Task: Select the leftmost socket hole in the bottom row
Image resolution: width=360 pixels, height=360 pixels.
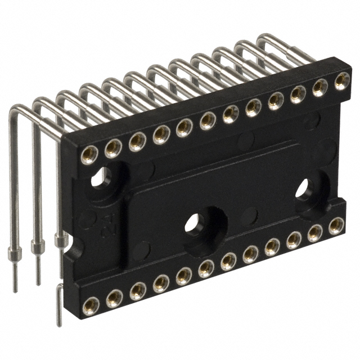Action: (x=91, y=305)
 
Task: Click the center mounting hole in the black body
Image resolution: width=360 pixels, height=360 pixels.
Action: (x=192, y=223)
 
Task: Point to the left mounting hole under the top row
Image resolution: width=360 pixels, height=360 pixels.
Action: (x=101, y=178)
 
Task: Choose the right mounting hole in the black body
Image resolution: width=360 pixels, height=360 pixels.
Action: (x=304, y=188)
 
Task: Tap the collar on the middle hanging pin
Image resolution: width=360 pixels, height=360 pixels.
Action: (x=37, y=246)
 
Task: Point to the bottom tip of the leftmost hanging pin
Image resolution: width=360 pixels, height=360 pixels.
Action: (x=15, y=290)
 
